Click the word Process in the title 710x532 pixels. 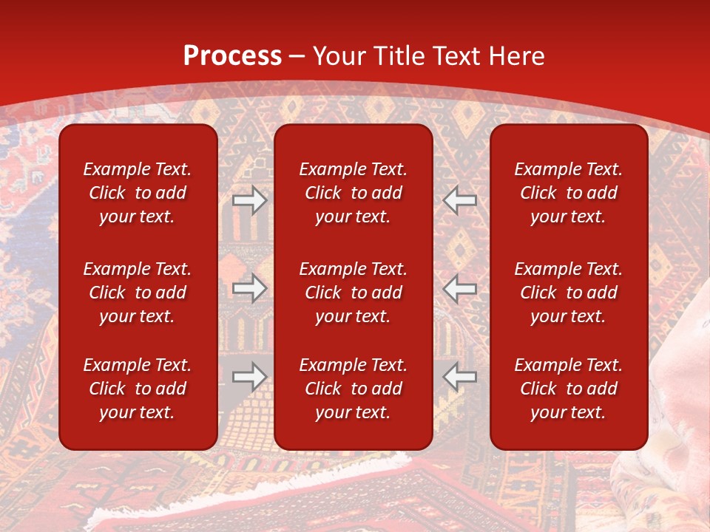[x=232, y=56]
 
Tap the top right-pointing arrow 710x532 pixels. [x=249, y=200]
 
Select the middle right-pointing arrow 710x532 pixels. [x=249, y=288]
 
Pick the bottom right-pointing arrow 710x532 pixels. [x=249, y=377]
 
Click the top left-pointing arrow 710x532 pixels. [x=460, y=200]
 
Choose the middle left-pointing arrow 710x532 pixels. [x=460, y=288]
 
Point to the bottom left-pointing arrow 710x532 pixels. [x=460, y=377]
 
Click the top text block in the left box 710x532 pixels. [x=138, y=193]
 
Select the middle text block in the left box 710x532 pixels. [x=138, y=293]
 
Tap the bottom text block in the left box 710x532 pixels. [x=138, y=389]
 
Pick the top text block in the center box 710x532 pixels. [x=353, y=193]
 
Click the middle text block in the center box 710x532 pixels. [x=353, y=293]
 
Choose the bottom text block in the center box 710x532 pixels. [x=353, y=389]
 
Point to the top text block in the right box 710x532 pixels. [x=568, y=193]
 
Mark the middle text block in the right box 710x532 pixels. [x=568, y=293]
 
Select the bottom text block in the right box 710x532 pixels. [x=568, y=389]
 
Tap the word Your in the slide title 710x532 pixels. [x=338, y=56]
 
